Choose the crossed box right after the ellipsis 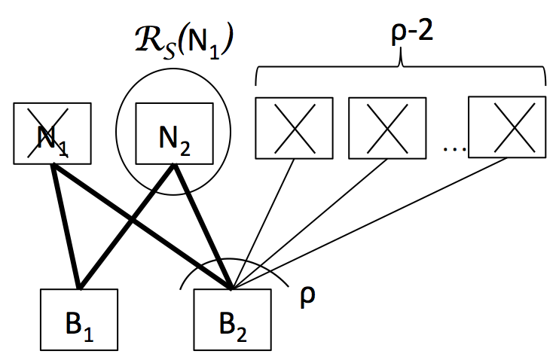(x=507, y=127)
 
